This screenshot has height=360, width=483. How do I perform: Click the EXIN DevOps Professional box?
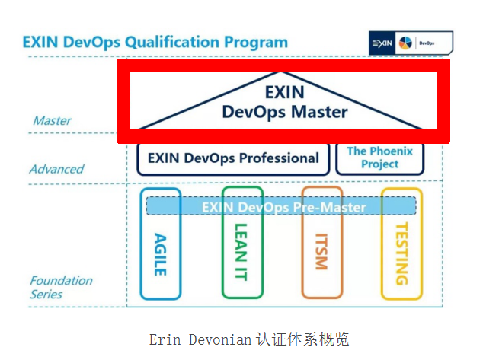(233, 159)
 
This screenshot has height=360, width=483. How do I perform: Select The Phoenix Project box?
(379, 158)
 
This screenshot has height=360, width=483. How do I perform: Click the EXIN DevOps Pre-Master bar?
(282, 206)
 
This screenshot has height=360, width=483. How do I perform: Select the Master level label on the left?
(52, 120)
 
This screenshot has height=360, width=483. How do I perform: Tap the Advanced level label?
(56, 169)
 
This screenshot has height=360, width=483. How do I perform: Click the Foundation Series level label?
(61, 287)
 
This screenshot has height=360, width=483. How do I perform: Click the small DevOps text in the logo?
(428, 43)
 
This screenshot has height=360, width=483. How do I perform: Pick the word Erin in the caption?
(165, 339)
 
